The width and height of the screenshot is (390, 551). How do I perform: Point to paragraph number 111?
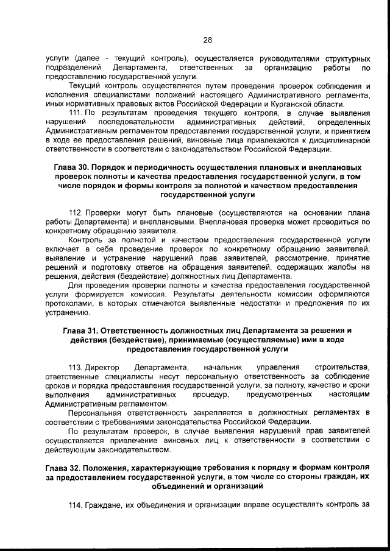(x=76, y=113)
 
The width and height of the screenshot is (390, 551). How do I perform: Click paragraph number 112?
(x=76, y=212)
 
